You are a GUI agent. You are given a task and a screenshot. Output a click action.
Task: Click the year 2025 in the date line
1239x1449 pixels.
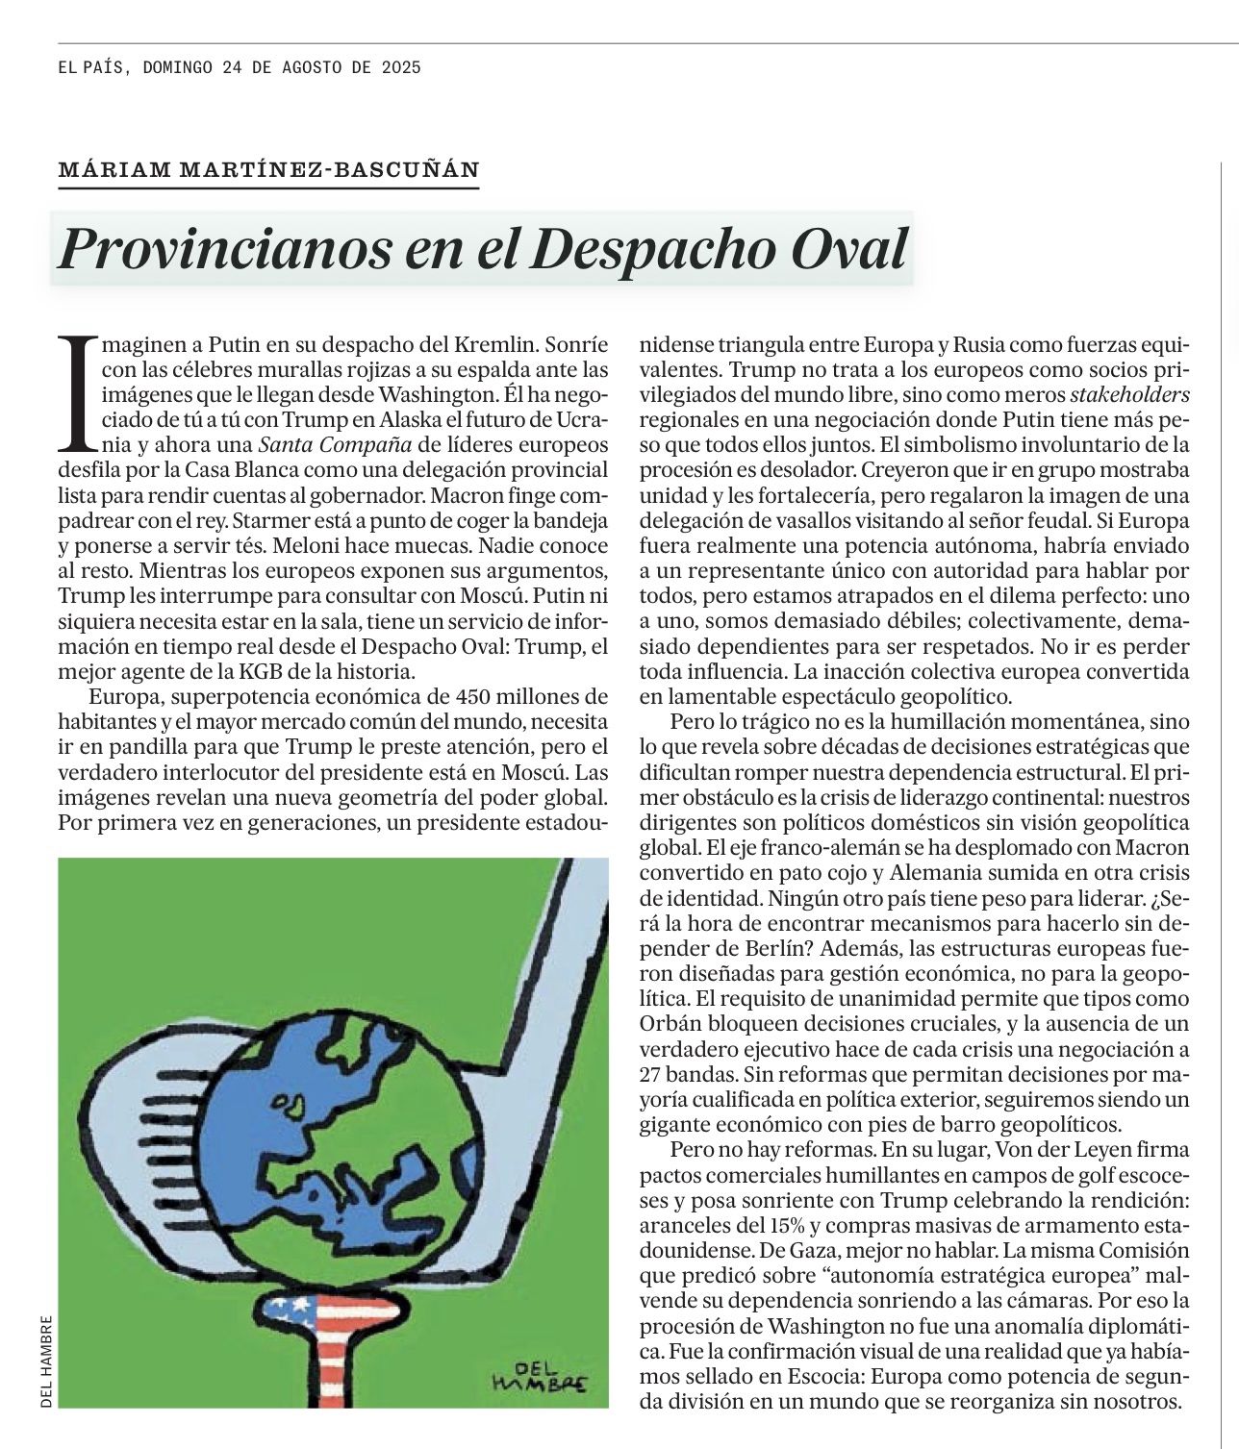401,68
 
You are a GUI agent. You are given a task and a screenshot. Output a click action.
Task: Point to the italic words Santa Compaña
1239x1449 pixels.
335,444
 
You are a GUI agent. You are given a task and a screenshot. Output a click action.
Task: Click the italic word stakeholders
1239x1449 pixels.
1130,394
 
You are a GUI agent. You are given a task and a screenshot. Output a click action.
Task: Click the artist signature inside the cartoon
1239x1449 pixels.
538,1376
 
